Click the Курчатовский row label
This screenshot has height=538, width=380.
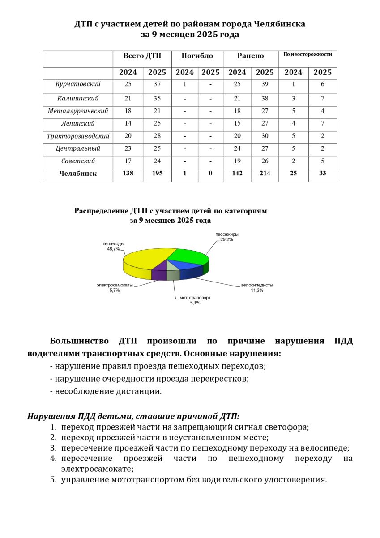(x=78, y=84)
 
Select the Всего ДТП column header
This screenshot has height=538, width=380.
(x=142, y=56)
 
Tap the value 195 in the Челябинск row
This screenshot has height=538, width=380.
(x=157, y=174)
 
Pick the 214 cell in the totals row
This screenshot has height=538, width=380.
(x=265, y=174)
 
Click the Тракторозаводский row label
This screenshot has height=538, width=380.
(x=78, y=136)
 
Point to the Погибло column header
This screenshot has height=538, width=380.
(x=197, y=56)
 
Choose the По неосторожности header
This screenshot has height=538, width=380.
(x=307, y=54)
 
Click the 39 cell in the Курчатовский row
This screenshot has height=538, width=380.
(x=265, y=84)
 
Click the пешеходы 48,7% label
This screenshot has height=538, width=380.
(x=113, y=246)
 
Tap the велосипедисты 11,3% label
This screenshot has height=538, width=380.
(x=257, y=287)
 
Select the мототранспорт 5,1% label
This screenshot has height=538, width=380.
(x=195, y=300)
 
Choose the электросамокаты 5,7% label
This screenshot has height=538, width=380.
(x=115, y=287)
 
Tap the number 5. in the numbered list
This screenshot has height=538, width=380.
(x=53, y=480)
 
